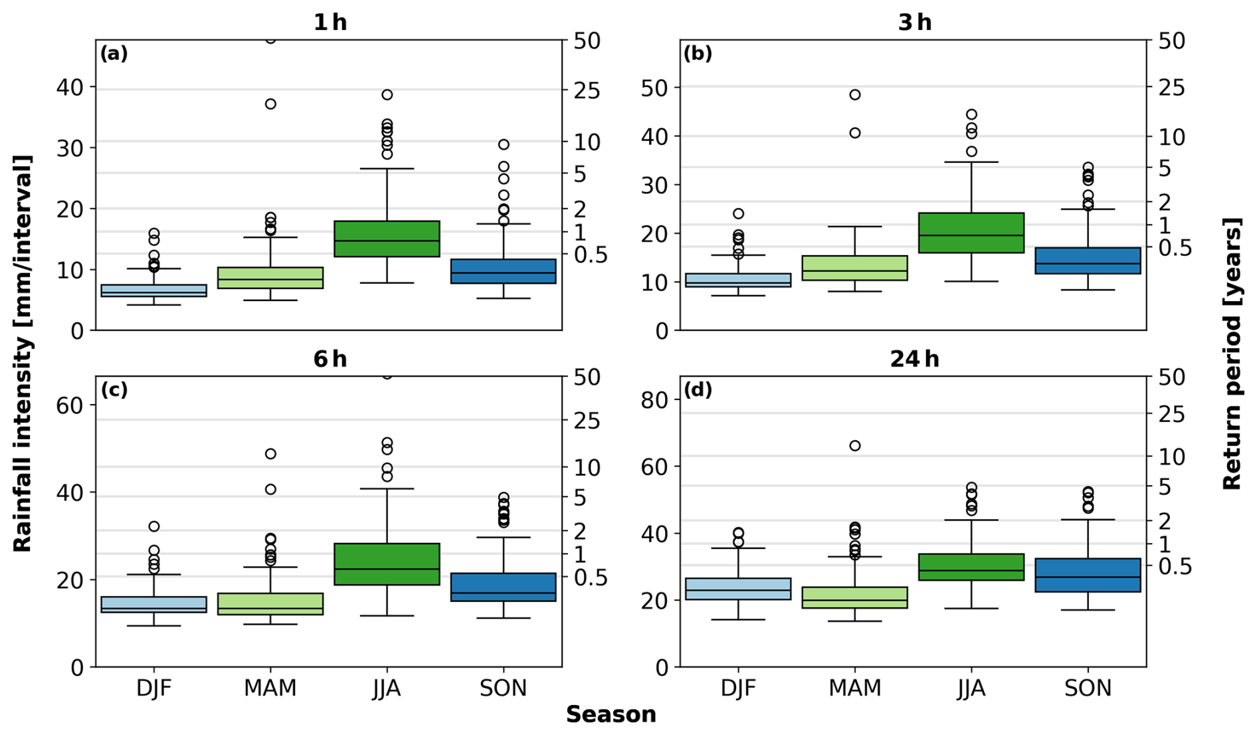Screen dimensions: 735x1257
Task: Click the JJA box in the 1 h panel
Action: (387, 239)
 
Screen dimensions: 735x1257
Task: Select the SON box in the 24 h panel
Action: (1088, 575)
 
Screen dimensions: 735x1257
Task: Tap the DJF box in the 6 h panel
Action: (153, 605)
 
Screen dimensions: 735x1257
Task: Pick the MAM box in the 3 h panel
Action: (854, 268)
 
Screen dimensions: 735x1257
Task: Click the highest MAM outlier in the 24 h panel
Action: (854, 445)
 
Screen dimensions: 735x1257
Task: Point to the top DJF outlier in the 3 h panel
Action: (738, 213)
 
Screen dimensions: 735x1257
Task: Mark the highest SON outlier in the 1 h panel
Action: (504, 144)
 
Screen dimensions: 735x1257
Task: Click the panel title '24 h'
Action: (914, 359)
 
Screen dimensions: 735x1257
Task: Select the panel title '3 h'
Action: (914, 23)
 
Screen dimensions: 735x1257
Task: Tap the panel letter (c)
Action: (114, 390)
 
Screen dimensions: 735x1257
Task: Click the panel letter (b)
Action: (698, 54)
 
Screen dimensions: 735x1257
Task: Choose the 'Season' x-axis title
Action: (611, 714)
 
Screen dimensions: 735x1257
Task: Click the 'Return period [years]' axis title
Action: (1232, 354)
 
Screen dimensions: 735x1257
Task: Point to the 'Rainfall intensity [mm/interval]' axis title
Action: (23, 354)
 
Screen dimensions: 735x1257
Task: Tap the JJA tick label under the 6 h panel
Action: (387, 688)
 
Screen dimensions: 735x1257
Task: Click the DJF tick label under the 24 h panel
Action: (738, 688)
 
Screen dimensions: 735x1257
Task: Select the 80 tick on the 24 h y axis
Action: (654, 400)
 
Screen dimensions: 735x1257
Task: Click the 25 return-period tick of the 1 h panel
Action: (587, 90)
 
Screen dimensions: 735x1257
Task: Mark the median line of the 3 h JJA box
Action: (971, 235)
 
